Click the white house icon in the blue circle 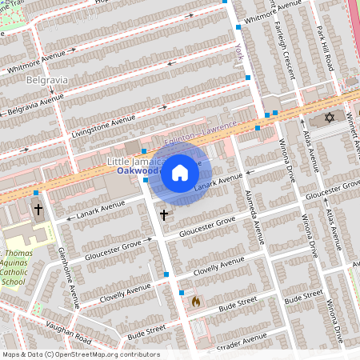coord(180,173)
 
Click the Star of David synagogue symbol coord(328,118)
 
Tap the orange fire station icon coord(195,302)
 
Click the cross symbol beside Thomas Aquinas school coord(38,210)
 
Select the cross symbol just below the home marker coord(164,214)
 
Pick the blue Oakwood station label coord(138,171)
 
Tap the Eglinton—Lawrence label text coord(201,134)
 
